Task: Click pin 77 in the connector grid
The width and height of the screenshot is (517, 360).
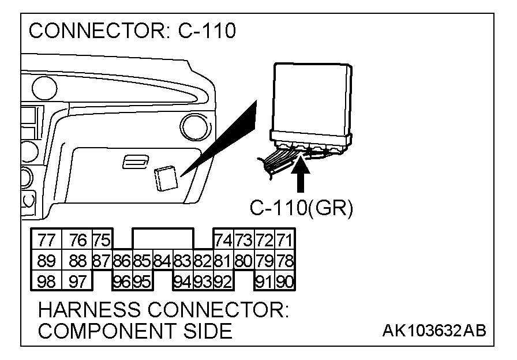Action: (43, 239)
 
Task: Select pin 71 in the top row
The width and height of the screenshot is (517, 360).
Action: (284, 239)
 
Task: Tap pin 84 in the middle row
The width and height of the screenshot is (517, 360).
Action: (162, 261)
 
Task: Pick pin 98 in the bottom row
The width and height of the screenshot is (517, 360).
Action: (43, 282)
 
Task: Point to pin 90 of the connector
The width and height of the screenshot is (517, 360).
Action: (284, 282)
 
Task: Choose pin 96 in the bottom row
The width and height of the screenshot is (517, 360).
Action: (122, 282)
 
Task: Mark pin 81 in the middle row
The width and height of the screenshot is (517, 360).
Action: (223, 261)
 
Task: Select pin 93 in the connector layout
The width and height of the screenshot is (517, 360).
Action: (203, 282)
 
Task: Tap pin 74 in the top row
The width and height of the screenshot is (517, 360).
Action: (223, 239)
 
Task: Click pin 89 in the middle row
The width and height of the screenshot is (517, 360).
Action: (43, 261)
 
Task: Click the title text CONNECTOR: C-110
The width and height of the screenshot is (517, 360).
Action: (132, 31)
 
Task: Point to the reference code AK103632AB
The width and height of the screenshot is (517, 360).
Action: (433, 331)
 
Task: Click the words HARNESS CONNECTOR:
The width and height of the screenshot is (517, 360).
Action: (163, 310)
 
